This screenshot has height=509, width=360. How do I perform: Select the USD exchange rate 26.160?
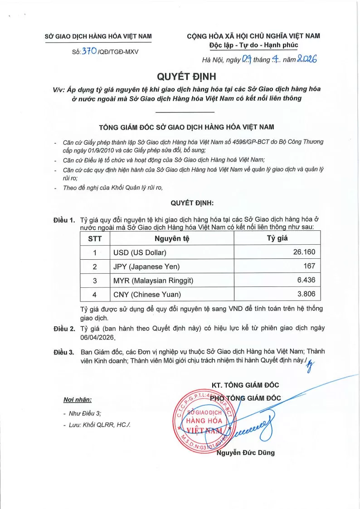pos(304,252)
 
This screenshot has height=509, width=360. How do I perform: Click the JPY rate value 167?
pos(309,266)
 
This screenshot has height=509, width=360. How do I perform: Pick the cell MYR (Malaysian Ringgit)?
pos(153,281)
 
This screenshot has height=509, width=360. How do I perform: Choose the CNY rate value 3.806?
pos(306,294)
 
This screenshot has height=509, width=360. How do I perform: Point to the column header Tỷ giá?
pos(277,238)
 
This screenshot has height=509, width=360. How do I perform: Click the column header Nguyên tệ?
pos(171,238)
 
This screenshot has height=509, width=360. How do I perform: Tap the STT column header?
pos(95,238)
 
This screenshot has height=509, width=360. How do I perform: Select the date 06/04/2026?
pos(98,338)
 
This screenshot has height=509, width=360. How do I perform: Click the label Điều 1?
pos(64,220)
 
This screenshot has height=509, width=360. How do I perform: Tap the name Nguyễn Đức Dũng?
pos(246,452)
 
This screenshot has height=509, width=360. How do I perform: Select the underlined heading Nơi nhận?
pos(78,400)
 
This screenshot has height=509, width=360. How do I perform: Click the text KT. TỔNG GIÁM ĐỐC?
pos(245,385)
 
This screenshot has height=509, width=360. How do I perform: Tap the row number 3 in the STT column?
pos(95,281)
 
